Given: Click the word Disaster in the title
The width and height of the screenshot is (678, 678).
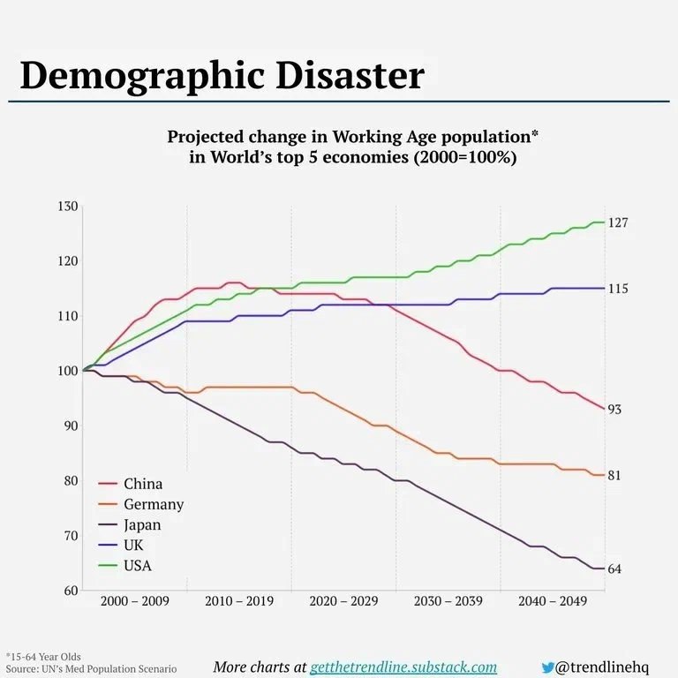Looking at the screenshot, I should (x=349, y=77).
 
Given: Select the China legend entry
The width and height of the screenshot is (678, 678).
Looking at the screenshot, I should (x=142, y=484).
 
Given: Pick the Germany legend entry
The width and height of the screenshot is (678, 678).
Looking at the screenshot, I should (x=153, y=504).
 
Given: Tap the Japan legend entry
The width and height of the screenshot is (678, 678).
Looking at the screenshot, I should (x=142, y=524).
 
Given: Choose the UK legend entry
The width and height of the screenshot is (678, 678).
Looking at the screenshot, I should (x=133, y=546).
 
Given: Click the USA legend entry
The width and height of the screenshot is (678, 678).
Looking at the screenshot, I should (x=137, y=566).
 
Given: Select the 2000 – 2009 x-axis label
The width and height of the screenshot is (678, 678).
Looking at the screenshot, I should (x=134, y=601).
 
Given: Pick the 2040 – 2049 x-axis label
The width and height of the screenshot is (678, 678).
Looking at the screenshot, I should (x=552, y=601).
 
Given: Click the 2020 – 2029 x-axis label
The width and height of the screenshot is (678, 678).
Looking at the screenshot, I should (x=343, y=601).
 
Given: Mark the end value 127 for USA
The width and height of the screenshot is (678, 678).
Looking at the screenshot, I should (x=618, y=222).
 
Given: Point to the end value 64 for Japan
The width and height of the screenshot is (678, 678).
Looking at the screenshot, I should (x=614, y=569).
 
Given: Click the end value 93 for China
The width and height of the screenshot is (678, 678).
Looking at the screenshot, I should (x=614, y=410).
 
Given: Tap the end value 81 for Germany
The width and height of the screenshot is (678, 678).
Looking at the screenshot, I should (x=614, y=476).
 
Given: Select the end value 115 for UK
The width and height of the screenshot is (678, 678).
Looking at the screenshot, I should (x=618, y=289).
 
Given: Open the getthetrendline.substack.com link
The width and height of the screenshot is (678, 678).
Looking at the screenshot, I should (x=403, y=667).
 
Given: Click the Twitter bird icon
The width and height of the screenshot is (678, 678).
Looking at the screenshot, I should (x=548, y=667).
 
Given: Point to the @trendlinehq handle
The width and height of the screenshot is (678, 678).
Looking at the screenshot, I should (x=603, y=667).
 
